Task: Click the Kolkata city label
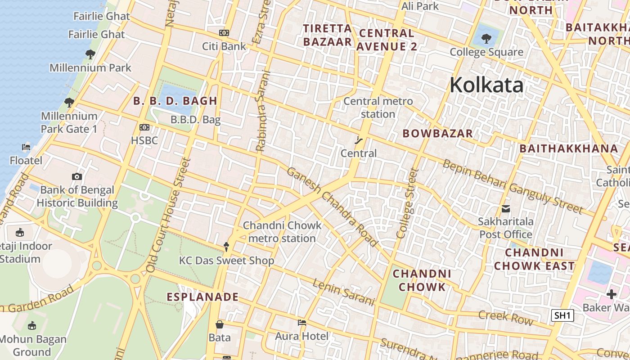point(486,85)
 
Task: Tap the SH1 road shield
point(562,315)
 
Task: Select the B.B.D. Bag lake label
point(195,120)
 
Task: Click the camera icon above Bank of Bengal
point(77,176)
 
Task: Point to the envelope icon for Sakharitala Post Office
point(506,208)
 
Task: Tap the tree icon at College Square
point(486,39)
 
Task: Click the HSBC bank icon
point(144,127)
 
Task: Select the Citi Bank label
point(224,46)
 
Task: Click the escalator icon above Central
point(359,140)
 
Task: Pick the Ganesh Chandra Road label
point(332,207)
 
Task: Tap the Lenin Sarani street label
point(344,292)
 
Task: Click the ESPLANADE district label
point(202,297)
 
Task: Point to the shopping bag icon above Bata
point(220,324)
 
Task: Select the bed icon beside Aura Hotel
point(302,323)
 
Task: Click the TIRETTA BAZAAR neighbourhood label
point(327,35)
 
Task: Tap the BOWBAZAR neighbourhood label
point(437,133)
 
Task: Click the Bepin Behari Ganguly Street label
point(513,186)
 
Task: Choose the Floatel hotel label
point(26,161)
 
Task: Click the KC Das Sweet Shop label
point(226,261)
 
